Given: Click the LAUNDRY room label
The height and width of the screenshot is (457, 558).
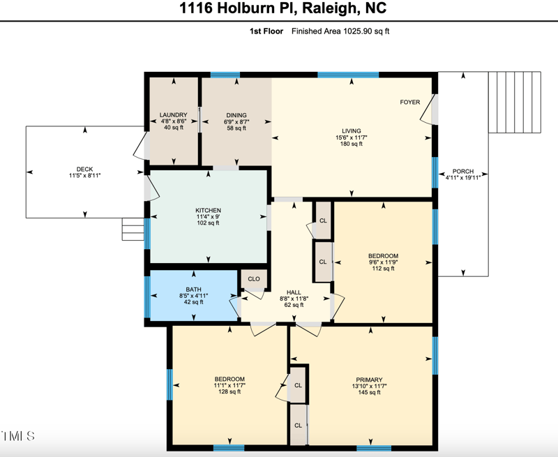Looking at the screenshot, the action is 173,115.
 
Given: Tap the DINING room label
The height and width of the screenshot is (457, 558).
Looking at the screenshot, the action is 236,115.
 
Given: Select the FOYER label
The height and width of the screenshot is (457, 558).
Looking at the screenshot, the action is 410,102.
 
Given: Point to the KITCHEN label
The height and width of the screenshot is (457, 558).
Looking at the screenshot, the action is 208,210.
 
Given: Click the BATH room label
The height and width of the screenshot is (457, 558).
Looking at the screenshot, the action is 194,290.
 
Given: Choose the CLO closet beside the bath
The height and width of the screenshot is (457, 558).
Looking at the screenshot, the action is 254,279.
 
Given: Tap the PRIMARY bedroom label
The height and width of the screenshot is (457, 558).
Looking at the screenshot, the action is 370,380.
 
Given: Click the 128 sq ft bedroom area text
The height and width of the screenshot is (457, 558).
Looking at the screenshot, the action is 229,391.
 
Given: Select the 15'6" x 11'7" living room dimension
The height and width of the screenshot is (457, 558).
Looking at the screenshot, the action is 352,137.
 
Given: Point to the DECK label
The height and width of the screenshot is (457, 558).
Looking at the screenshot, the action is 84,169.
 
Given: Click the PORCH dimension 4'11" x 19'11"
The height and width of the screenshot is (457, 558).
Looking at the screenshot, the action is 463,177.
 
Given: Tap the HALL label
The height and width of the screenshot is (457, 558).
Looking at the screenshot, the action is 294,292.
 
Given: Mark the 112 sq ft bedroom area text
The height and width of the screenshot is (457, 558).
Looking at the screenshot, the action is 383,269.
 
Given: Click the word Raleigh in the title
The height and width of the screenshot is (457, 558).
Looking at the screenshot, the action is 329,8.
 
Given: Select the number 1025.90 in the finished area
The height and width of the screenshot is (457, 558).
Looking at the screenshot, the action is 357,31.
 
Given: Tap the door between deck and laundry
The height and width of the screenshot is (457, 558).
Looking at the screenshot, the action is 142,147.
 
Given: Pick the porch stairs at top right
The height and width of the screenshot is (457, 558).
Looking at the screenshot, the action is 515,102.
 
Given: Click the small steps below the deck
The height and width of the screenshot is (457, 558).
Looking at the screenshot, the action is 133,229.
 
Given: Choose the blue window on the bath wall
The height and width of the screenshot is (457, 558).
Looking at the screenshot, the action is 147,297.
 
